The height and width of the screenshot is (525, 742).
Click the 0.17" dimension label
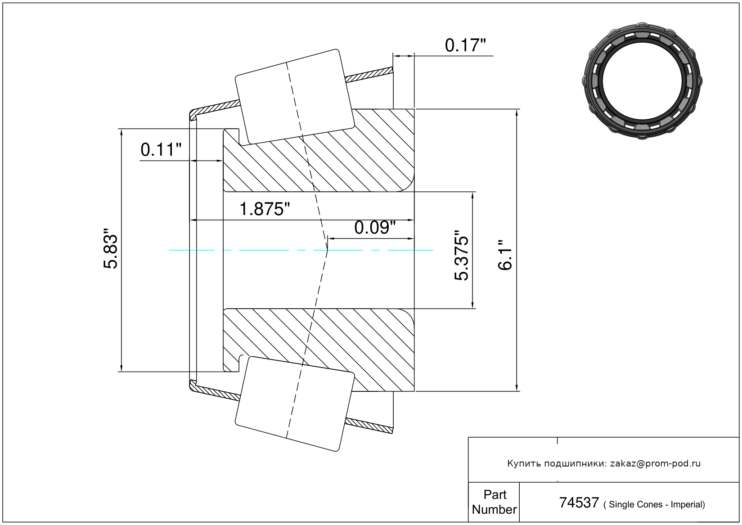[465, 45]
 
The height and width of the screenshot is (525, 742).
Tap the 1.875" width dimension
[264, 209]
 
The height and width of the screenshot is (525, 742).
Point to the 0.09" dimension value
[375, 228]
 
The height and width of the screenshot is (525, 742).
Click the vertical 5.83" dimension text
[110, 248]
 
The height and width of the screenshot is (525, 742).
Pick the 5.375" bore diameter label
[461, 256]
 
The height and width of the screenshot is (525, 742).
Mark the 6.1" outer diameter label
[505, 256]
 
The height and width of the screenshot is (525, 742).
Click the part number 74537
[579, 503]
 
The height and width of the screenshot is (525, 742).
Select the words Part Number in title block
[494, 502]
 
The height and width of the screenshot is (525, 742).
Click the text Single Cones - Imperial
[654, 504]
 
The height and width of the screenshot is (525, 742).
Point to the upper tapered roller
[295, 97]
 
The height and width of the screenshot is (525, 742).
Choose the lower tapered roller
[295, 404]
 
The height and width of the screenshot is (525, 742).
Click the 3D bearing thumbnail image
[642, 81]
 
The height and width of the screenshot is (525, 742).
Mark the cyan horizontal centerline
[301, 250]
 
